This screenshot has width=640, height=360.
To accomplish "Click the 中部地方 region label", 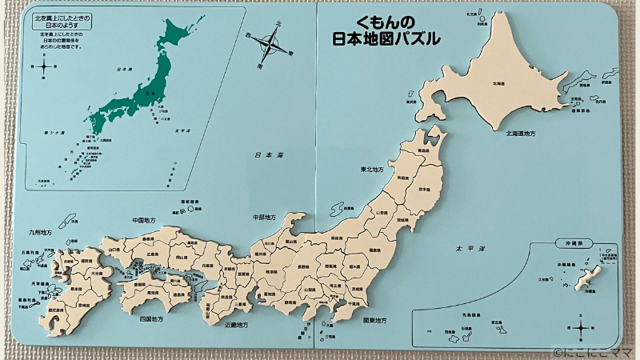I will (x=264, y=217).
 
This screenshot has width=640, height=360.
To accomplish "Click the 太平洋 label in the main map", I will (x=464, y=238).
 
